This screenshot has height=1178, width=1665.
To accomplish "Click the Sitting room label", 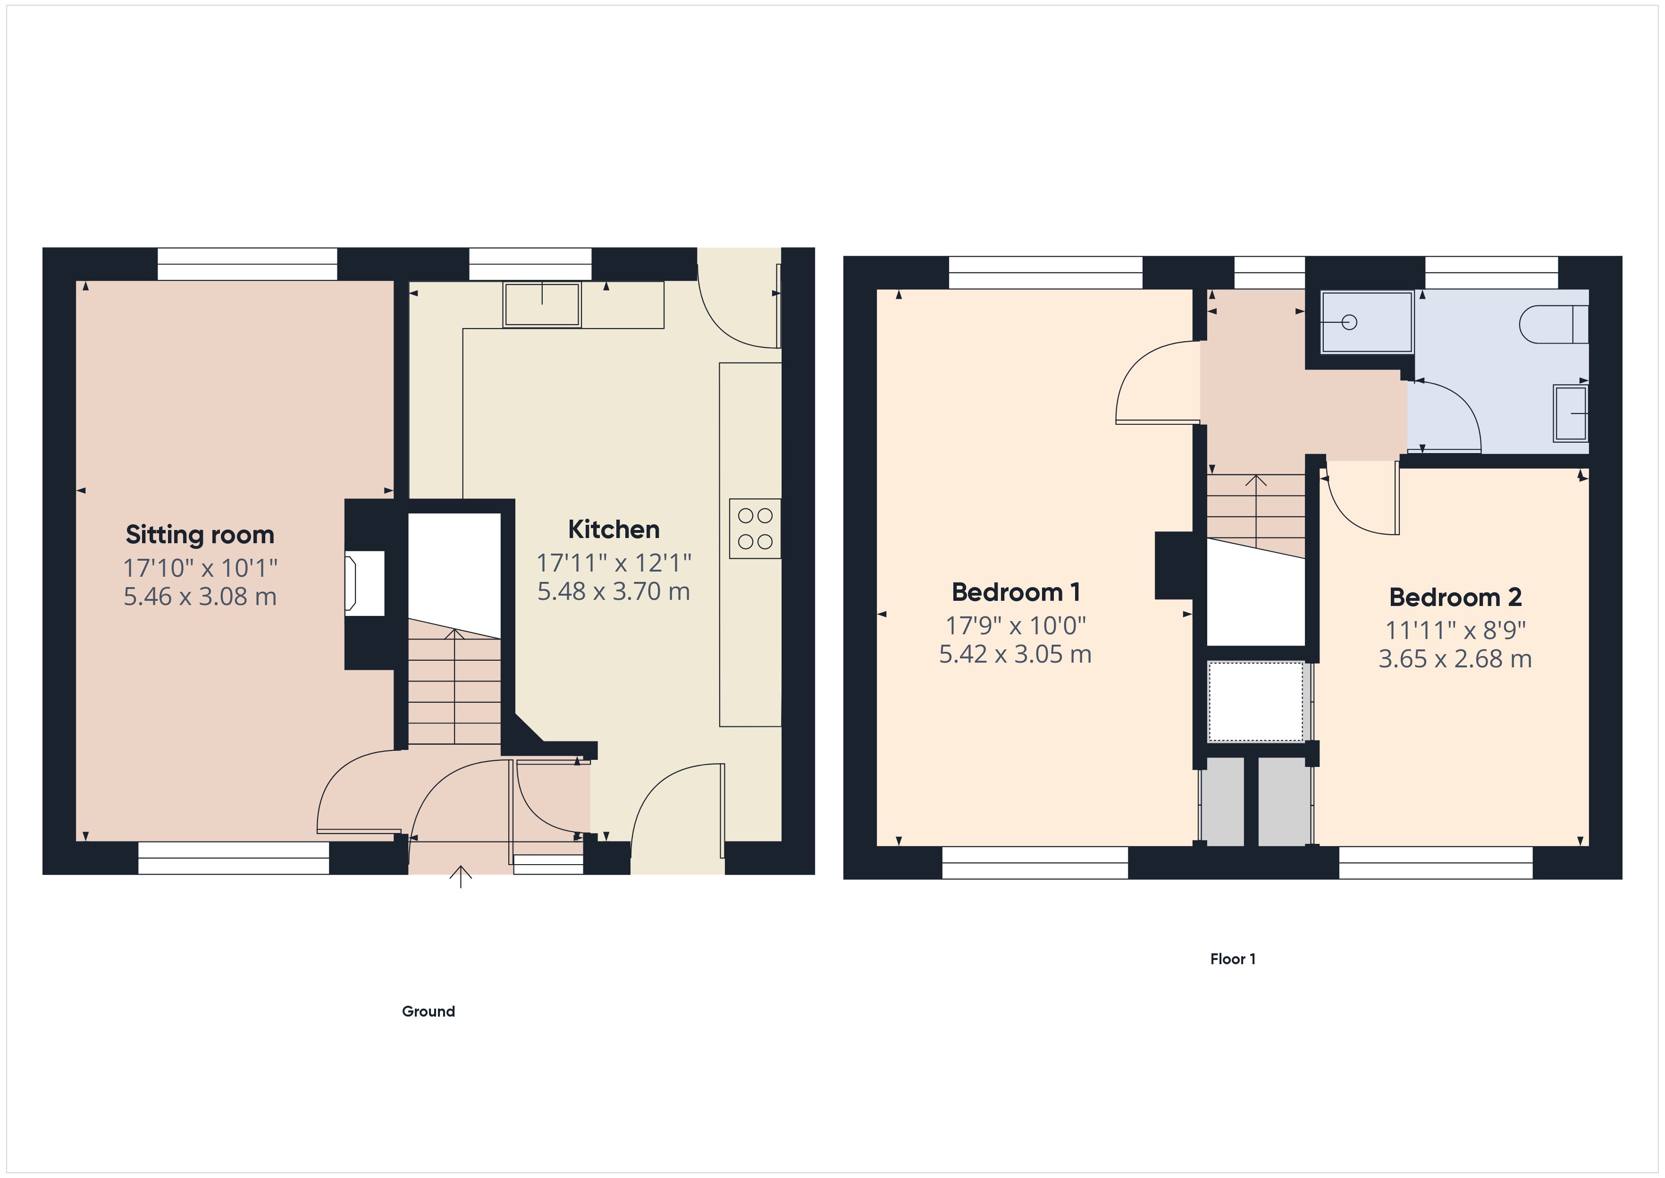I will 200,535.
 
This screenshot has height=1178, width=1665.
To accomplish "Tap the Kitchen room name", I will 614,530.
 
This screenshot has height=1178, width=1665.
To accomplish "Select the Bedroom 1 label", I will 1015,593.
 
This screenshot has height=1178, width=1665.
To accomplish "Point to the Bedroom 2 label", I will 1455,597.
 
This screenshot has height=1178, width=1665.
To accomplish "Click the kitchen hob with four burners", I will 755,529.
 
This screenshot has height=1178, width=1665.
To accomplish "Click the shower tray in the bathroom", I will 1367,322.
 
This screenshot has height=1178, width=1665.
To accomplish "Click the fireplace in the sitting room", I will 362,584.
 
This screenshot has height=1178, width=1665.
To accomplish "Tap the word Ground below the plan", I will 429,1012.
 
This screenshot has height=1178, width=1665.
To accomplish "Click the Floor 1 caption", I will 1233,959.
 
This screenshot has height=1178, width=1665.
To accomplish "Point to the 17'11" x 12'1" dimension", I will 614,562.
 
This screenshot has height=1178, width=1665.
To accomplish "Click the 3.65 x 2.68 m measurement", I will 1455,659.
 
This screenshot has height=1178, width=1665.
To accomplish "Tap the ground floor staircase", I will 454,685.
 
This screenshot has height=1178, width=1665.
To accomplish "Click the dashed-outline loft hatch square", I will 1255,701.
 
